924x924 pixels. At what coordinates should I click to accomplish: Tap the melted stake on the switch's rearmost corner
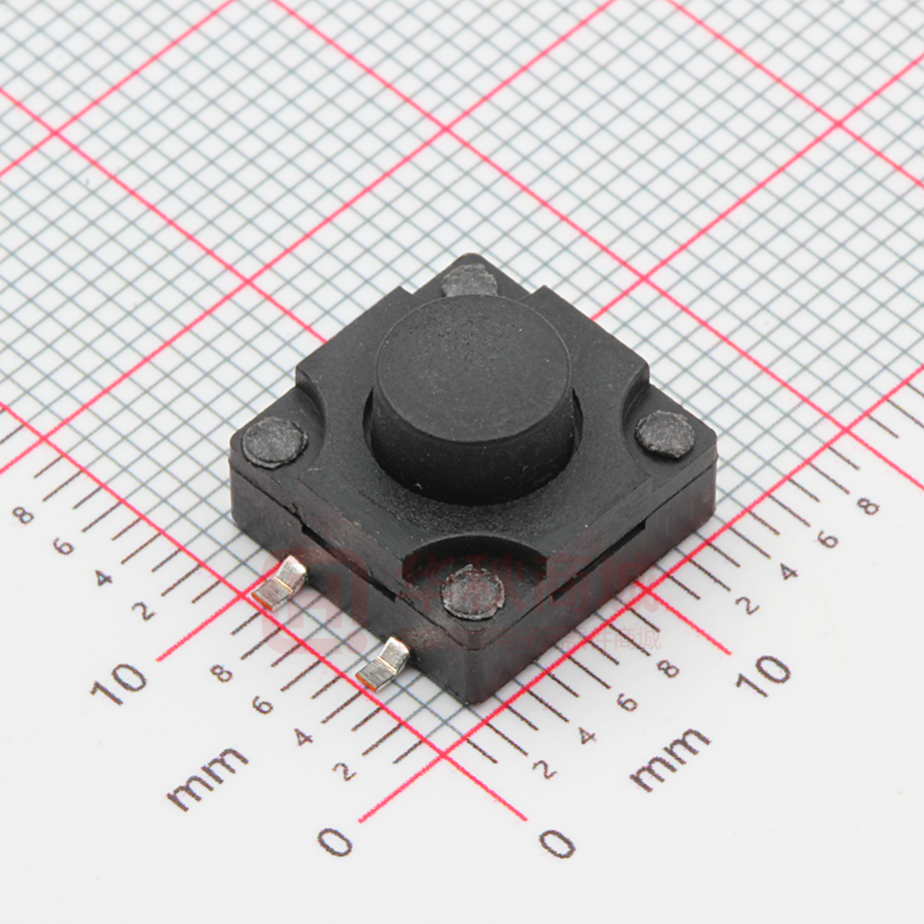(469, 281)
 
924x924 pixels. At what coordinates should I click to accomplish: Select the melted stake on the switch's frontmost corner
(471, 591)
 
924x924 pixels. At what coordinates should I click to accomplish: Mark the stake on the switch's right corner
(665, 434)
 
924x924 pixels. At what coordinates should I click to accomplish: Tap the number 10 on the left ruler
(119, 682)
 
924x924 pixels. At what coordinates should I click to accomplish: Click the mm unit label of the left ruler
(207, 777)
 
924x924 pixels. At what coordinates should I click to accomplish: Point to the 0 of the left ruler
(336, 842)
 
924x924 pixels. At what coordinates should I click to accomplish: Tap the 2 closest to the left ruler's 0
(346, 770)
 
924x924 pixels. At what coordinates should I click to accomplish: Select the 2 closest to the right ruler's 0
(544, 769)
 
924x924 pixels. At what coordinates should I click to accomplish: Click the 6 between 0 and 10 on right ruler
(626, 702)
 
